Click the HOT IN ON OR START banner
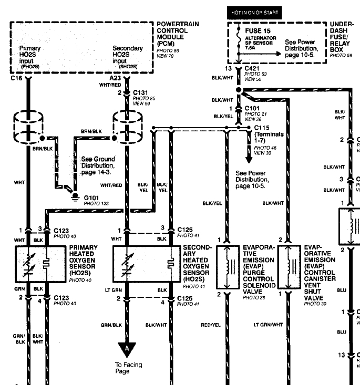(255, 12)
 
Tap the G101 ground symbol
(74, 192)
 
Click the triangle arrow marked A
(126, 348)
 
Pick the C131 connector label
(143, 92)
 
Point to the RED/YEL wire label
(211, 325)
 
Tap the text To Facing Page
(129, 368)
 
